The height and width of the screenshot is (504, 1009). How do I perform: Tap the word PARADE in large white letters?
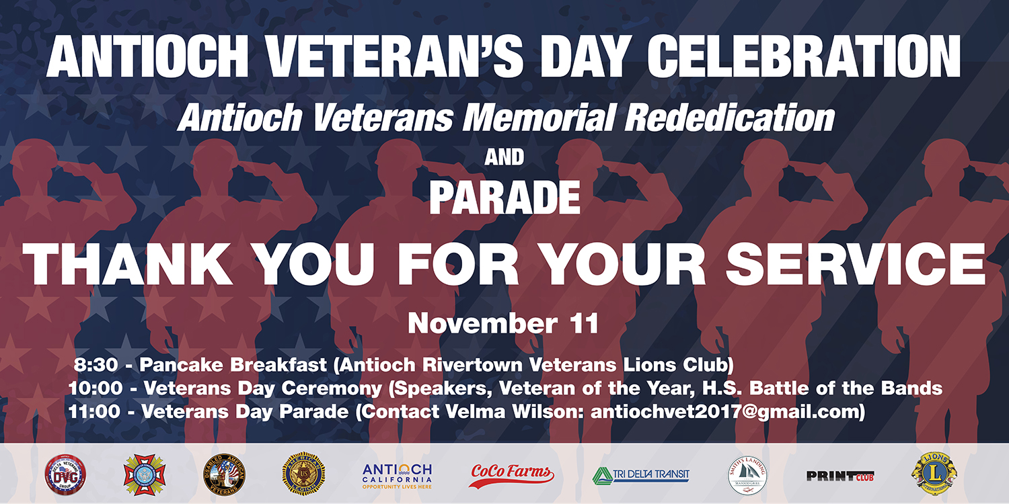click(x=504, y=198)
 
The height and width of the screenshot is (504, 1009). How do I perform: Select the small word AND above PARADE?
click(x=504, y=158)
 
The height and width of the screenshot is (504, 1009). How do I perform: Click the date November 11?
click(x=503, y=324)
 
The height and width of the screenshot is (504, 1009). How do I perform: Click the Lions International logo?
click(x=934, y=473)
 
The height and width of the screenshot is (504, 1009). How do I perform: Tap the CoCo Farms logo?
click(x=511, y=474)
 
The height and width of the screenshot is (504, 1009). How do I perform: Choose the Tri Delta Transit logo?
click(x=640, y=474)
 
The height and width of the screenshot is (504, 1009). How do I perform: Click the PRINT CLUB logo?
click(x=839, y=475)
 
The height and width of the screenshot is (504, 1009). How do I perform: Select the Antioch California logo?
click(x=397, y=474)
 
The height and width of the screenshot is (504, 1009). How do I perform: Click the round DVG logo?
click(x=65, y=474)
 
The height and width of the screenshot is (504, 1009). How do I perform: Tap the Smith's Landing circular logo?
click(x=748, y=474)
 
